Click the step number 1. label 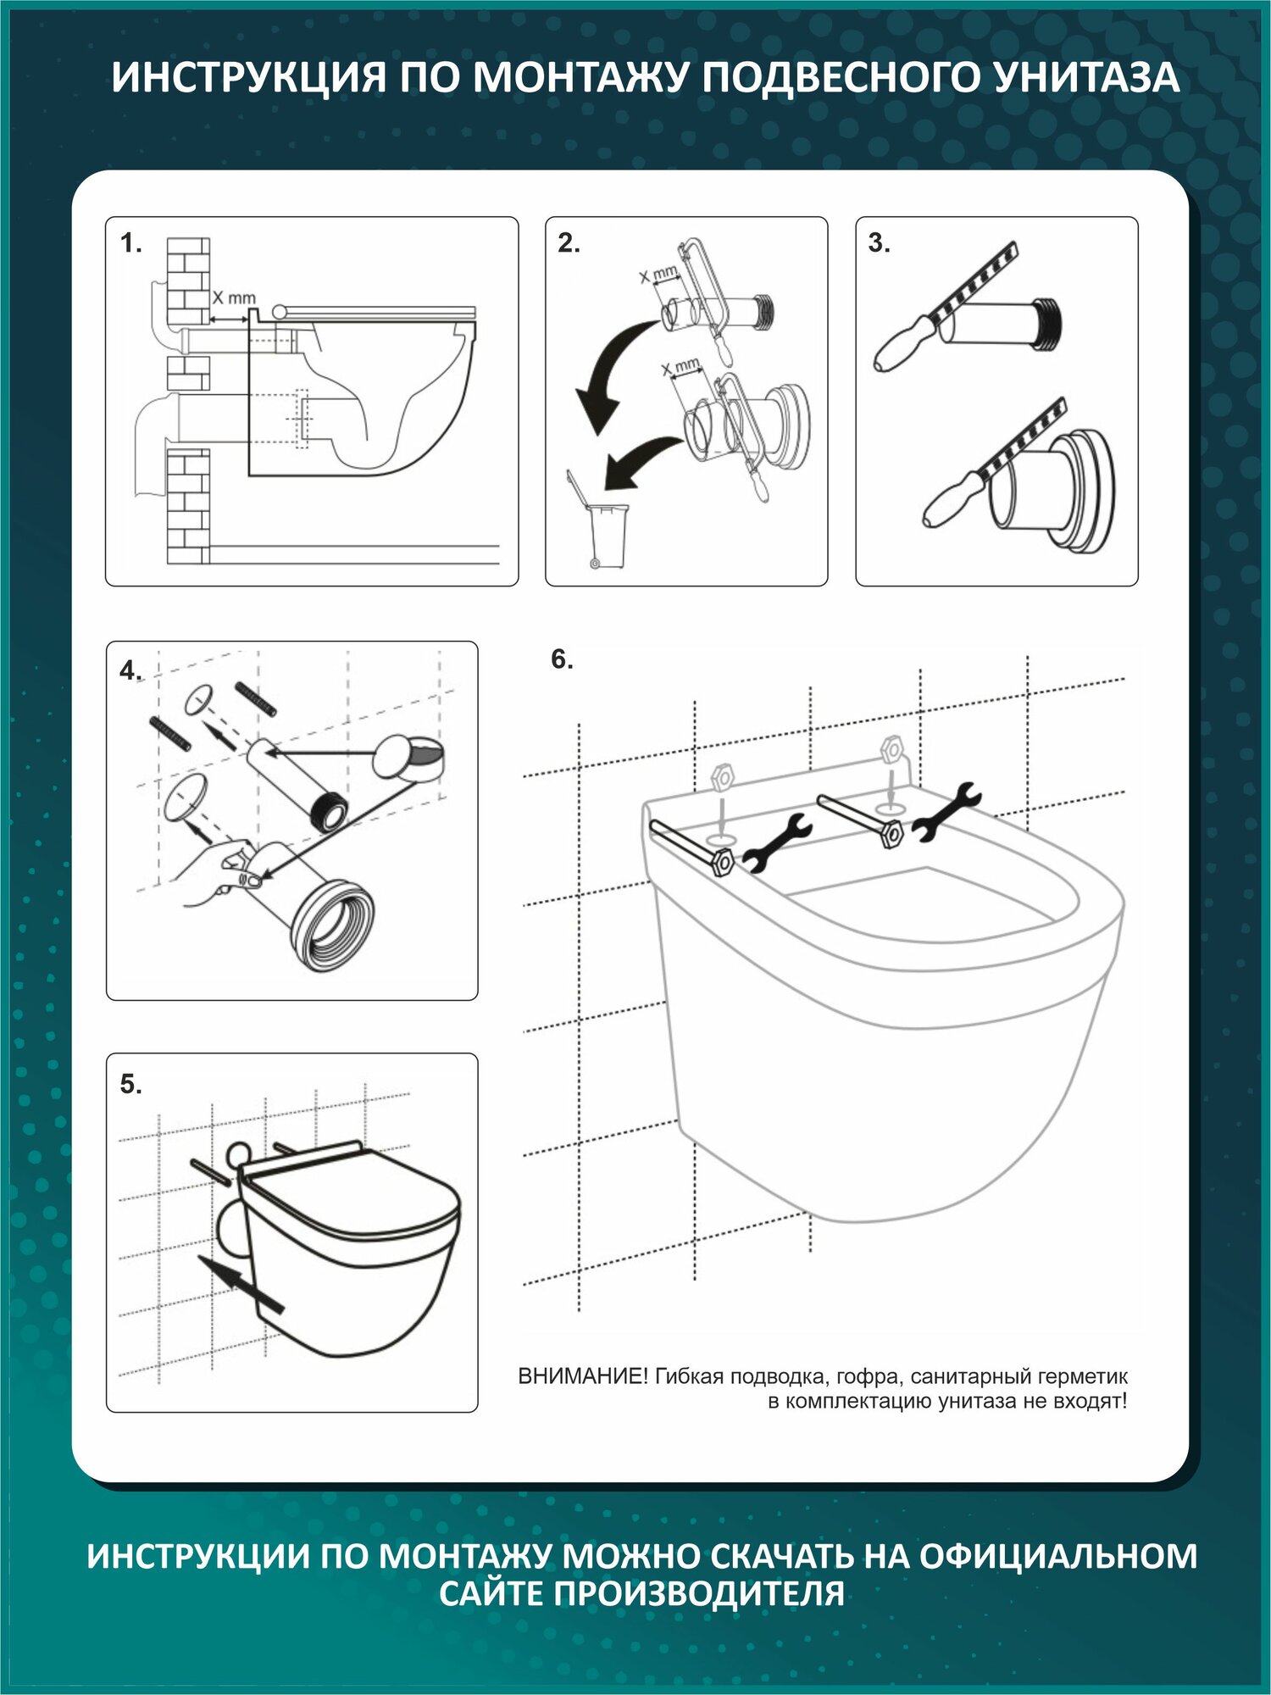130,244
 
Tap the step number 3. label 879,243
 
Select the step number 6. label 562,659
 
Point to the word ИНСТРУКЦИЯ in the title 248,78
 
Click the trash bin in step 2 608,535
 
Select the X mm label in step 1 233,298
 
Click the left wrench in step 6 776,843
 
